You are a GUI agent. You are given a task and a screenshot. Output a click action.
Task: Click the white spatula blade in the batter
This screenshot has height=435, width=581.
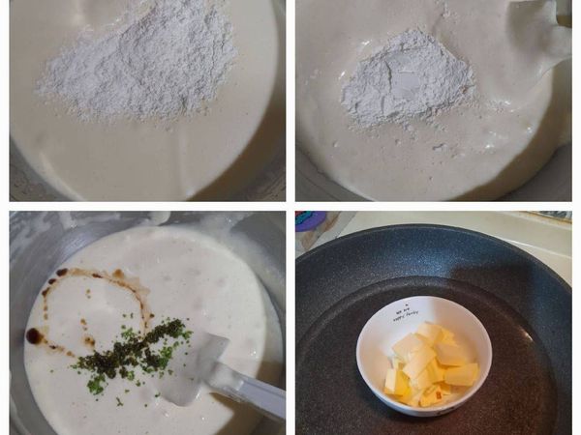194,362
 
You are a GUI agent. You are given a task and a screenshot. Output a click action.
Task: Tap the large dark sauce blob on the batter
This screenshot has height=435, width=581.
35,335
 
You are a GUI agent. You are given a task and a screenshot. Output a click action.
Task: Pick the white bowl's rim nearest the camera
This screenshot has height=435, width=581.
426,411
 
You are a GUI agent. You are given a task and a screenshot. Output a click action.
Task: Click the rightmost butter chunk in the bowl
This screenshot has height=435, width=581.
463,374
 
